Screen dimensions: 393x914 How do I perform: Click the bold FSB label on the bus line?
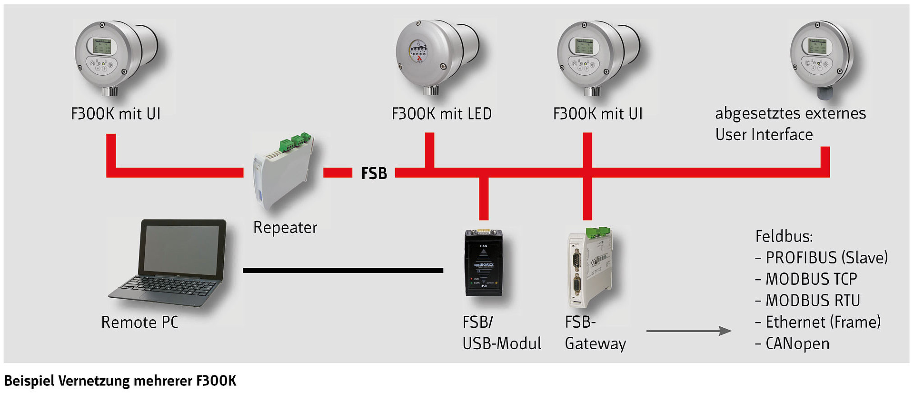coord(374,173)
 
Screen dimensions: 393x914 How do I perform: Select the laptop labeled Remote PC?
coord(171,264)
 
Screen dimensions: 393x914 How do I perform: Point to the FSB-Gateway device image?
coord(590,267)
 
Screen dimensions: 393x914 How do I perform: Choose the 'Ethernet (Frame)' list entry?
coord(823,322)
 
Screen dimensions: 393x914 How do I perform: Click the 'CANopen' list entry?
coord(797,343)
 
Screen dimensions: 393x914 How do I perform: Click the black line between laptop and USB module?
coord(343,270)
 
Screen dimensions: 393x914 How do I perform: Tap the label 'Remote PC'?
coord(139,322)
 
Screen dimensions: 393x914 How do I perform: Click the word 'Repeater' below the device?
coord(285,228)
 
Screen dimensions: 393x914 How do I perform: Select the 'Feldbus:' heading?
coord(784,236)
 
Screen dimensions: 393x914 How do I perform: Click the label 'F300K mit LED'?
coord(441,114)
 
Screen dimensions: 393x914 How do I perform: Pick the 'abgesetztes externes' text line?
coord(790,113)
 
